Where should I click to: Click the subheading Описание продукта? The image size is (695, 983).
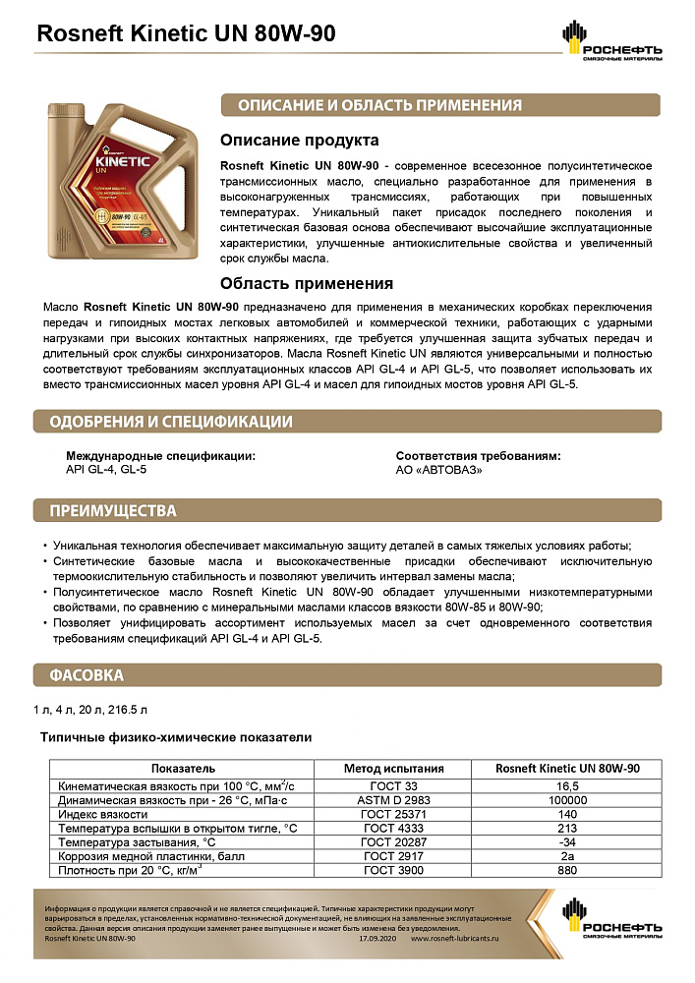point(299,141)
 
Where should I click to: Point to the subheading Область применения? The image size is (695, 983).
point(307,283)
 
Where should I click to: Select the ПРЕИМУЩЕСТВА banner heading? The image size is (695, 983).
point(114,511)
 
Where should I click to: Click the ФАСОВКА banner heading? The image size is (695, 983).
point(87,675)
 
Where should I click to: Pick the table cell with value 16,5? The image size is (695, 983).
point(568,785)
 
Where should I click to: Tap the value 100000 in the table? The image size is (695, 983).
point(568,800)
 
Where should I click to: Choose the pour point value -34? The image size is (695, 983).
point(568,842)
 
